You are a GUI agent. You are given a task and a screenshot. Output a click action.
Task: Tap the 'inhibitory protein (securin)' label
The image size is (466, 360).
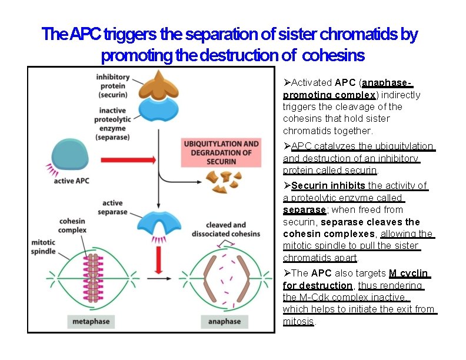click(x=114, y=86)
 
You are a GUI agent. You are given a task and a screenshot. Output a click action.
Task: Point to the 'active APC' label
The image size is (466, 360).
click(x=72, y=181)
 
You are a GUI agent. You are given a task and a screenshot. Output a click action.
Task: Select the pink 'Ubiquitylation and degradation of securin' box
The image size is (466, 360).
click(x=221, y=152)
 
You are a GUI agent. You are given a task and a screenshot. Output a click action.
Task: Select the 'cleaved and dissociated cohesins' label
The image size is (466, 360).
click(x=225, y=229)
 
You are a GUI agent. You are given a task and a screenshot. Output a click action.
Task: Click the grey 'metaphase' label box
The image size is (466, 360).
click(x=91, y=321)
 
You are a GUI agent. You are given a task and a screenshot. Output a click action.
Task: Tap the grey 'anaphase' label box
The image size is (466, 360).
click(x=224, y=321)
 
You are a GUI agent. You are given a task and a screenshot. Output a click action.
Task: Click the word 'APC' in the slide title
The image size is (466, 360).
click(x=86, y=35)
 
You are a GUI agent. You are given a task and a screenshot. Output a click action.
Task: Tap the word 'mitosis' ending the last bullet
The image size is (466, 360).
click(x=298, y=321)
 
